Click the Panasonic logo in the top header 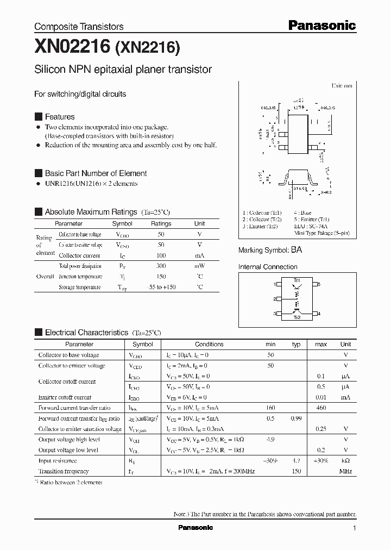coord(321,25)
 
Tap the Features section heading coord(60,117)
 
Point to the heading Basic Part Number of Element coord(96,173)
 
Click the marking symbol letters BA coord(297,250)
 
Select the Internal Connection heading coord(268,267)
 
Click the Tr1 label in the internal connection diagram coord(297,279)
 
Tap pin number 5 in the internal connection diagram coord(319,284)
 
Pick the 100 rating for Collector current coord(161,255)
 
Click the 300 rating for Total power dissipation coord(161,266)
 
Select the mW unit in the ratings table coord(199,266)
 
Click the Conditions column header coord(209,344)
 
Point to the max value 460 coord(321,408)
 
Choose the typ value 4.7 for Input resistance coord(296,460)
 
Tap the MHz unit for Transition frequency coord(345,471)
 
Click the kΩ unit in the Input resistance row coord(345,460)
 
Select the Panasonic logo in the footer coord(195,528)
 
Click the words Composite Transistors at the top coord(79,27)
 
